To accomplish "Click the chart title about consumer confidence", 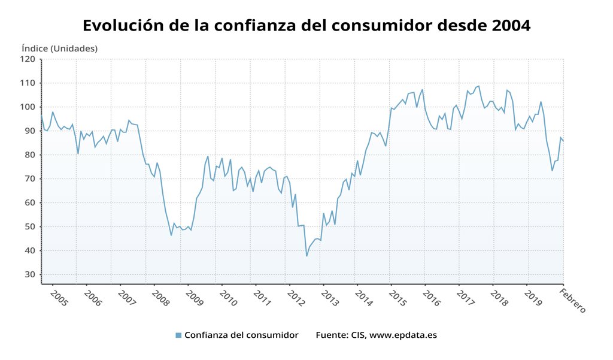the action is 306,25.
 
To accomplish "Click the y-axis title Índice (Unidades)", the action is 60,49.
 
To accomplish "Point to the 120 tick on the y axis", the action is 28,59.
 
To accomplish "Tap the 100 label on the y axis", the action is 28,107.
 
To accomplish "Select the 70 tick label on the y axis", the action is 30,179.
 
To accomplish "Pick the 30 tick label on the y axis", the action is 30,275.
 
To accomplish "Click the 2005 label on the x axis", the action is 59,298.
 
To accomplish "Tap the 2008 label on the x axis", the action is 160,298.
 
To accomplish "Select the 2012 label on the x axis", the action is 296,298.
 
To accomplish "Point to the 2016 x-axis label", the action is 432,298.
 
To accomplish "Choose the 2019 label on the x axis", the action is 533,298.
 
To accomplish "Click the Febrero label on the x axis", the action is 573,301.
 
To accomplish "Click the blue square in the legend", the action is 178,335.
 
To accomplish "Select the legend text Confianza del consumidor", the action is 241,335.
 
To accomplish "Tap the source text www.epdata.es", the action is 403,335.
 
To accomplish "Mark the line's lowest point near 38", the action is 306,256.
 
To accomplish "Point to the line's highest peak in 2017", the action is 479,86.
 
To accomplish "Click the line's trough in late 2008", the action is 171,235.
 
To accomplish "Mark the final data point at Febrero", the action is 563,141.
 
